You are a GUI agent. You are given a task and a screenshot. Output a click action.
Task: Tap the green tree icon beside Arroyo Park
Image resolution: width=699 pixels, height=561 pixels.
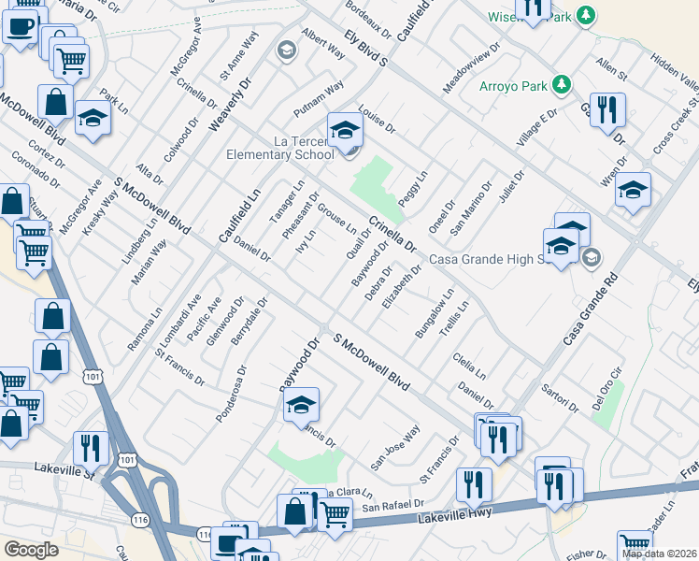[561, 85]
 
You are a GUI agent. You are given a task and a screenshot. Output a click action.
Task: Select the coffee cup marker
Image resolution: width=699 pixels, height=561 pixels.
[21, 28]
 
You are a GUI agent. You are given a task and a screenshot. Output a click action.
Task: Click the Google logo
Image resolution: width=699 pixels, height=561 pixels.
[31, 550]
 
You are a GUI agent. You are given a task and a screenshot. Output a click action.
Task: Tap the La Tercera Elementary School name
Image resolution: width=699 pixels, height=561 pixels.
[278, 148]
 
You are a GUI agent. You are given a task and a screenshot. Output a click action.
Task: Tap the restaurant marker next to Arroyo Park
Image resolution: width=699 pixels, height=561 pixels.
[609, 110]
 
